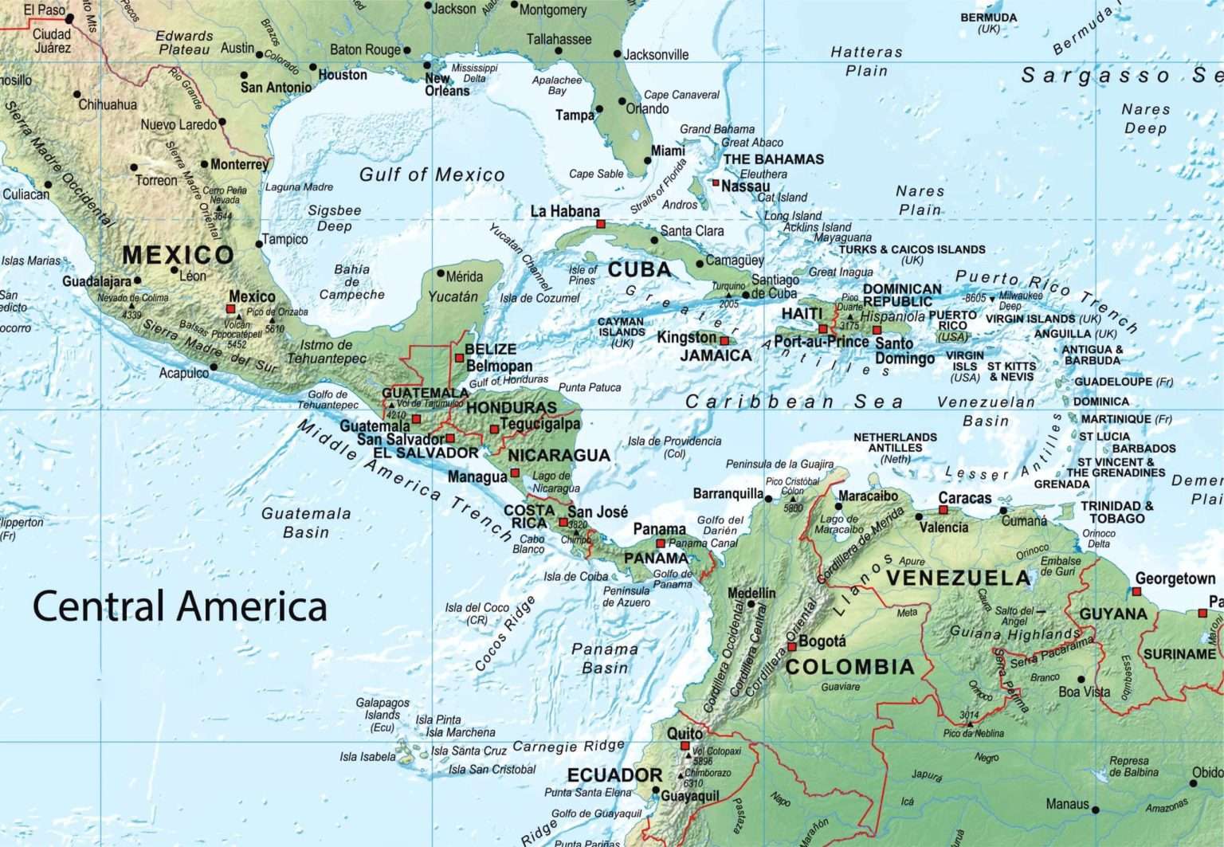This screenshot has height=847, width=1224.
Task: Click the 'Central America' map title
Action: tap(179, 606)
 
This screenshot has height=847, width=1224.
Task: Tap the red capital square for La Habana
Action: tap(600, 225)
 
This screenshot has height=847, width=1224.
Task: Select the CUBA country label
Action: tap(639, 270)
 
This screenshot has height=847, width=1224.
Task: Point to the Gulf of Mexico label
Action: tap(432, 174)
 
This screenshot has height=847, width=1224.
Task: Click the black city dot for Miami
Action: tap(648, 160)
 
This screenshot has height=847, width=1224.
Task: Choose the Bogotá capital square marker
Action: tap(792, 647)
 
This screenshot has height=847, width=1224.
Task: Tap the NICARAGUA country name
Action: tap(559, 455)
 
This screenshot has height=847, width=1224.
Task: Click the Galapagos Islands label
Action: tap(382, 715)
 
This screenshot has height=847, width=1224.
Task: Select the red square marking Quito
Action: tap(685, 747)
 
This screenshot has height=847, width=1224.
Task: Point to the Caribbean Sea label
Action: tap(794, 402)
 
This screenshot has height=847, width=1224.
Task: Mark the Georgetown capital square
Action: tap(1136, 592)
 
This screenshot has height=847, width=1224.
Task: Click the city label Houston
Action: tap(343, 75)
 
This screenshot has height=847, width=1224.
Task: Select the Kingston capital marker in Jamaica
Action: tap(724, 341)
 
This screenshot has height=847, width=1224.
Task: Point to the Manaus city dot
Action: tap(1096, 810)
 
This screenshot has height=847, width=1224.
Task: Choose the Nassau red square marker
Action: tap(716, 183)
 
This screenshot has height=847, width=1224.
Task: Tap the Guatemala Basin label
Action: tap(306, 523)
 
